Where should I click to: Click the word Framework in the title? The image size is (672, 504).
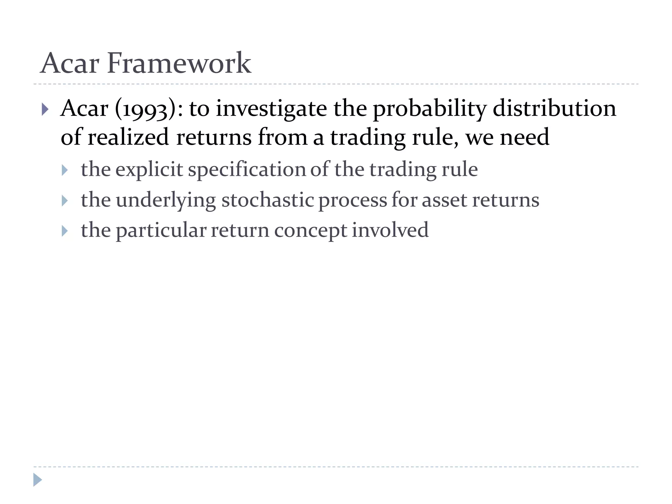click(179, 63)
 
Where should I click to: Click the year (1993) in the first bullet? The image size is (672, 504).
click(145, 109)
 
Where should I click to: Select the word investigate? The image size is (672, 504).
click(271, 109)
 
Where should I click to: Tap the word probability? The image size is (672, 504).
click(430, 109)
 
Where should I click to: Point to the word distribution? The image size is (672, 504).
click(554, 109)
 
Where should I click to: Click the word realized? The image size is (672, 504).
click(128, 137)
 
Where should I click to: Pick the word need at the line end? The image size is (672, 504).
click(524, 137)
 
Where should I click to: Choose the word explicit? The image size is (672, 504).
click(149, 170)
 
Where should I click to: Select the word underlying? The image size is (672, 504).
click(166, 200)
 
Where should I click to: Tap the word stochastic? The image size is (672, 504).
click(268, 200)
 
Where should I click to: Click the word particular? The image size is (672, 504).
click(161, 230)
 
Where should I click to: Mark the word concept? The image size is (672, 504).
click(310, 230)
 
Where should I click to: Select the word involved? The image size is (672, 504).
click(390, 230)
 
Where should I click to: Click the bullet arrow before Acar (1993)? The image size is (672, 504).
click(45, 109)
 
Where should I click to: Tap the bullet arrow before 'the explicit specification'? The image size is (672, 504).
click(65, 170)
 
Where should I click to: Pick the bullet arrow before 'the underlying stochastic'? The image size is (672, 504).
click(65, 201)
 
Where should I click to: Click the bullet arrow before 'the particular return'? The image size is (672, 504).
click(65, 231)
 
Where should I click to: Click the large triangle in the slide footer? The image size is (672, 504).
click(37, 480)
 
